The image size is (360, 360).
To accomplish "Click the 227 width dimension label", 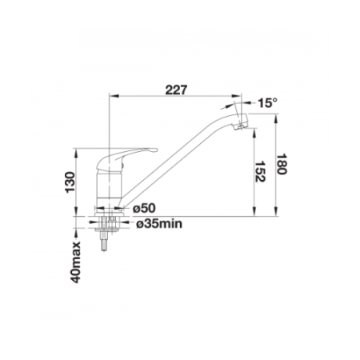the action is click(176, 90).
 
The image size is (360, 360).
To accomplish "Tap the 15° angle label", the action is click(267, 102).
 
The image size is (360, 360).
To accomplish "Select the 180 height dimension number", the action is click(282, 164).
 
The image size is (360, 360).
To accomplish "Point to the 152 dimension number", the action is click(260, 171).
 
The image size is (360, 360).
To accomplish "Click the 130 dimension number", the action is click(70, 182).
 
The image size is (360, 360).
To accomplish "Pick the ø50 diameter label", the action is click(144, 208).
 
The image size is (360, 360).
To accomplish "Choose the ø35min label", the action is click(159, 224).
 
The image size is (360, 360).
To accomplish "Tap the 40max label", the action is click(75, 262).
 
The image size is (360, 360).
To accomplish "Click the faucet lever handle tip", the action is click(154, 150).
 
